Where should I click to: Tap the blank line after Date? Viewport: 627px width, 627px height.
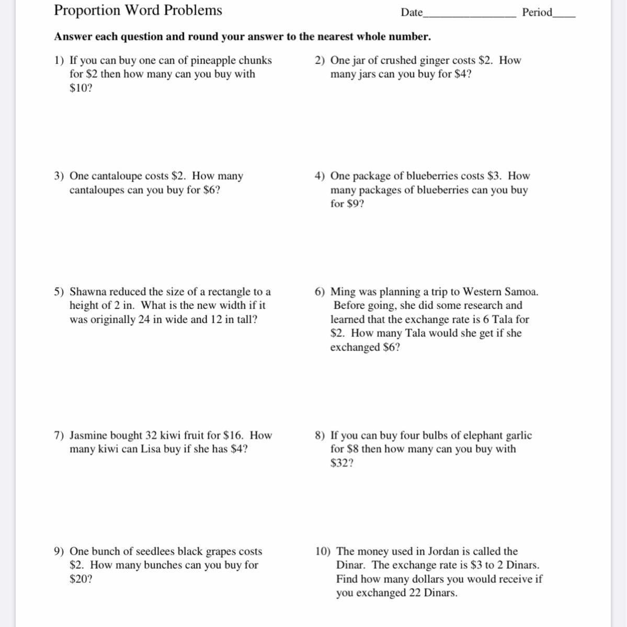469,16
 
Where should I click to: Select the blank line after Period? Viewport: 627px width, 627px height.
564,16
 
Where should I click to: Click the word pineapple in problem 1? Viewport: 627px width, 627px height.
213,61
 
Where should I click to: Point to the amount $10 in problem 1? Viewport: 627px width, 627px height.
79,88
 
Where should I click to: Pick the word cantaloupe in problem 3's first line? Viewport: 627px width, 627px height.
116,177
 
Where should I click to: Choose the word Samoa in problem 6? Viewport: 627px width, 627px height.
520,292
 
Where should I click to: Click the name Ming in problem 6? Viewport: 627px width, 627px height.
343,292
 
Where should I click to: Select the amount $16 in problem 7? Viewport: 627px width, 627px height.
233,436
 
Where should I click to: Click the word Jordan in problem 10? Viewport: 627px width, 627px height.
444,552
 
